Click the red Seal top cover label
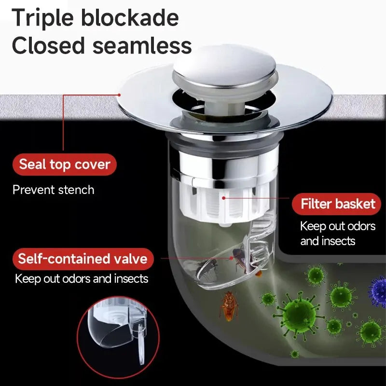65,165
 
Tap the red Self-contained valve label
83,259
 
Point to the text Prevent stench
53,190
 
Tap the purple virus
378,290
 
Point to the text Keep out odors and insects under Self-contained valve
82,278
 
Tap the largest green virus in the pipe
299,316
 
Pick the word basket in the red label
356,204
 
